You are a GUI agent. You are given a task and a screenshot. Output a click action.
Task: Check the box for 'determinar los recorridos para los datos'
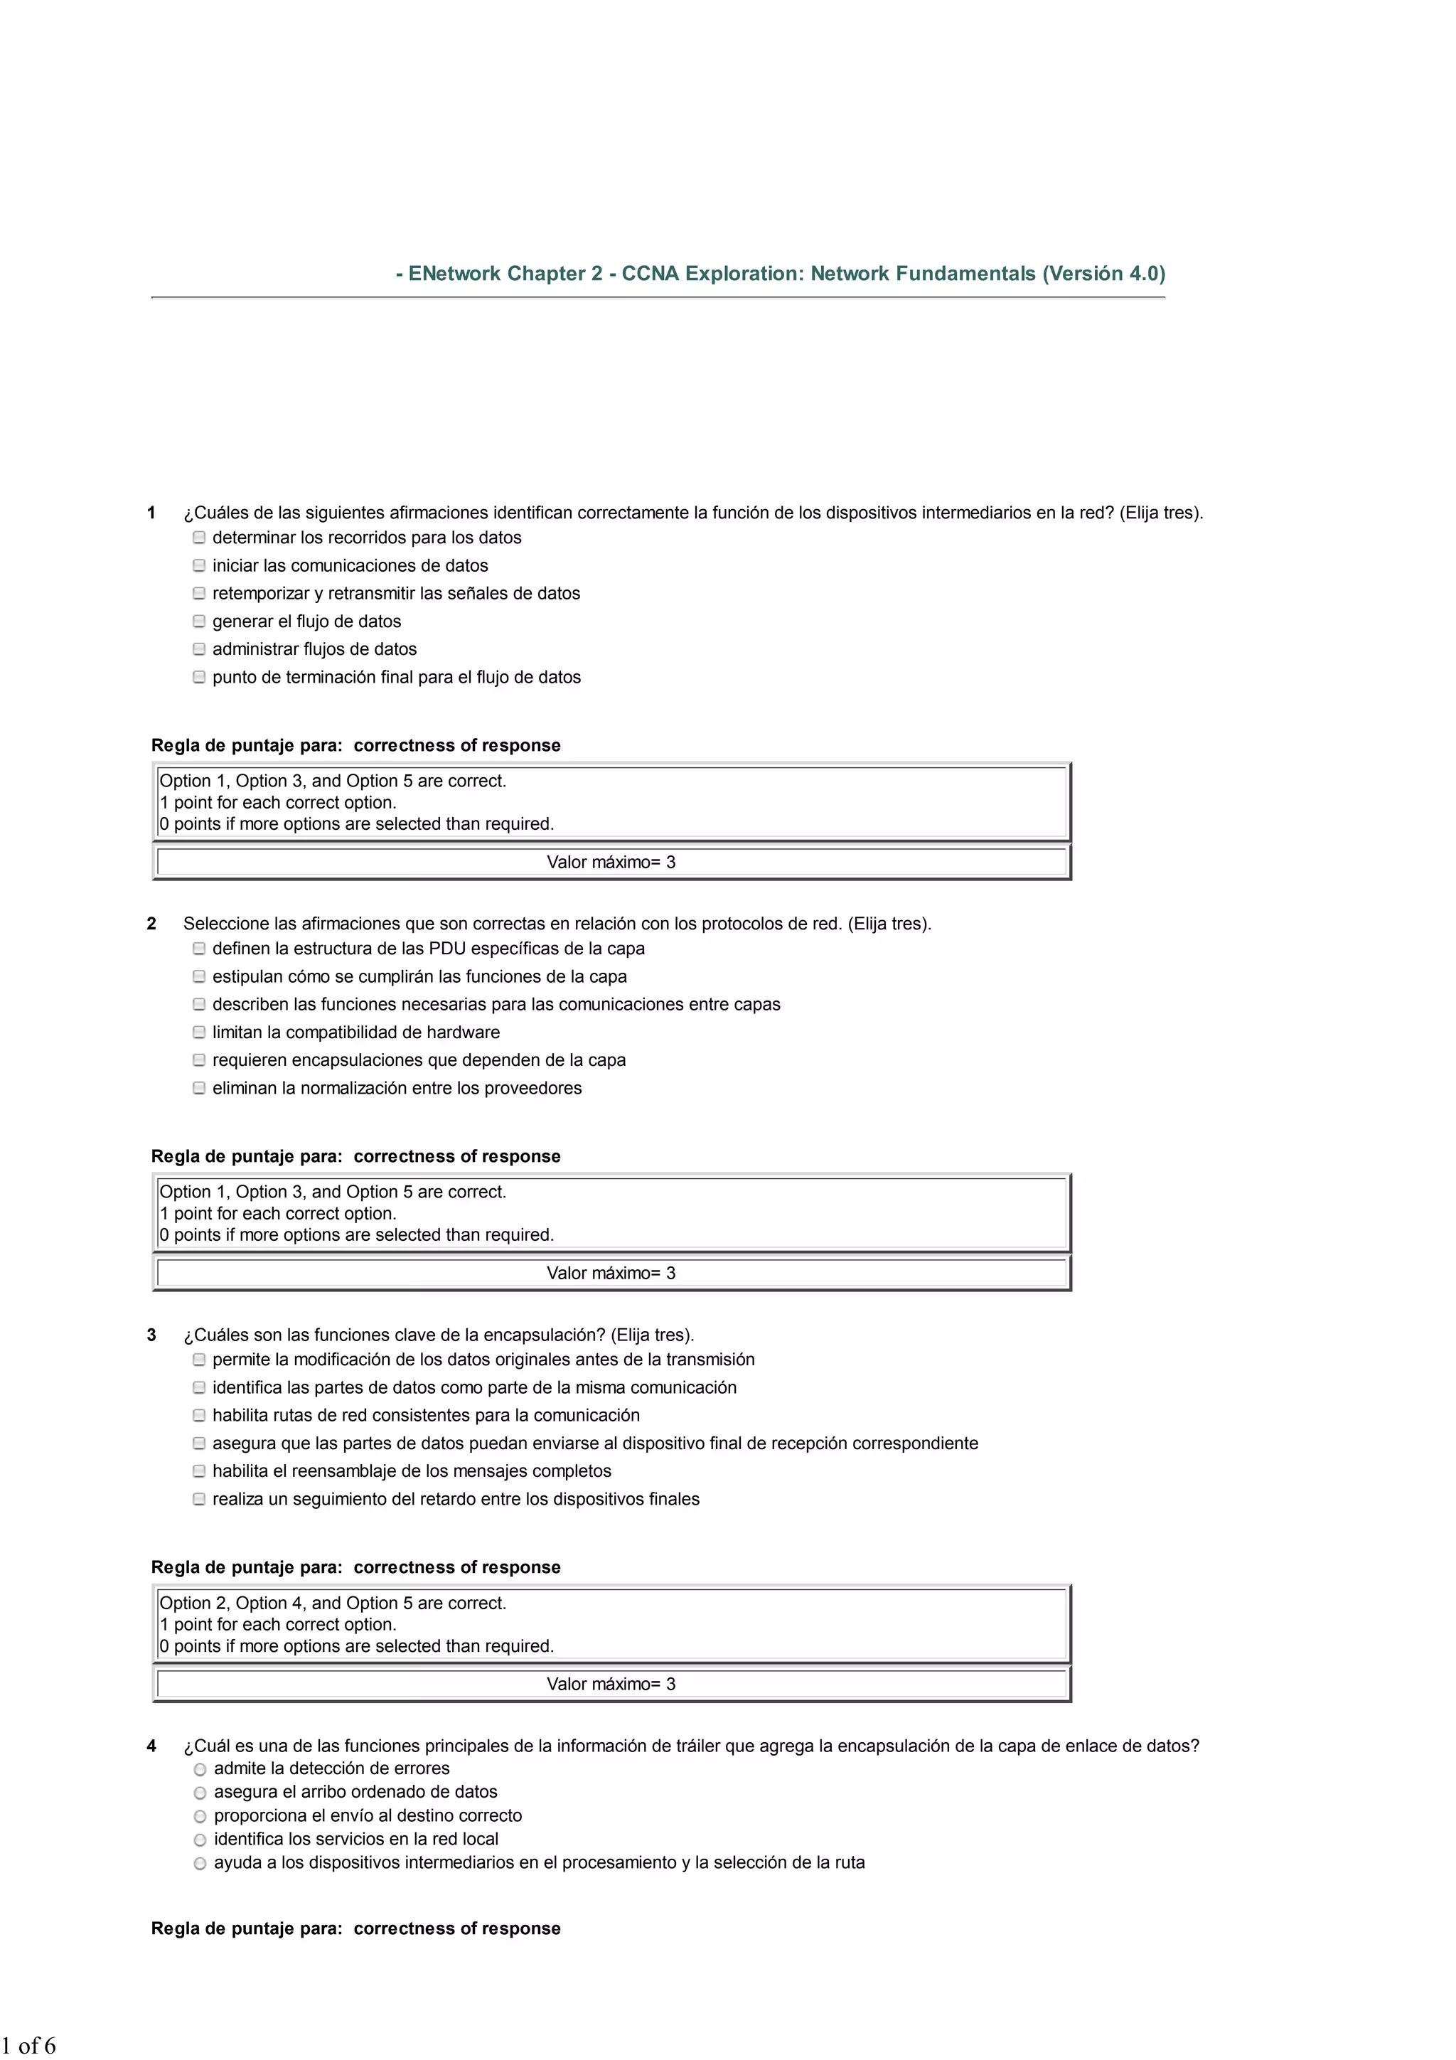[199, 538]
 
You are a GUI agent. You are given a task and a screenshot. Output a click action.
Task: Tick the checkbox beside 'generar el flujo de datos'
[199, 621]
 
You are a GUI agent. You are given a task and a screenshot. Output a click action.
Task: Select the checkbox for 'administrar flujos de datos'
[199, 649]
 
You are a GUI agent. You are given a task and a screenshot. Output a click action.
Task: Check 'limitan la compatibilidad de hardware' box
[199, 1032]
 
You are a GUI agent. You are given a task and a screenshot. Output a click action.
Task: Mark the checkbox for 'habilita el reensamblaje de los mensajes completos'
[199, 1471]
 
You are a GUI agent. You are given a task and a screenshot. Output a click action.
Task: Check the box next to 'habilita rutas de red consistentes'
[199, 1415]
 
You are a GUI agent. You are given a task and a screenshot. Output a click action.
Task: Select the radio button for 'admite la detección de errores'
[200, 1769]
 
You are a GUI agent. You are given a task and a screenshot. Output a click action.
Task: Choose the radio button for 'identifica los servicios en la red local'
[200, 1840]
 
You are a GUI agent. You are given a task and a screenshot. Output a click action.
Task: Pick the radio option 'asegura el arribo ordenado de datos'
[200, 1793]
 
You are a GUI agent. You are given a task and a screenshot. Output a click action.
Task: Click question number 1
[151, 513]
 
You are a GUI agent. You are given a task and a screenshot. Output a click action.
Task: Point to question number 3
[151, 1335]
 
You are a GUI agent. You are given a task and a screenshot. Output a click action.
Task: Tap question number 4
[151, 1746]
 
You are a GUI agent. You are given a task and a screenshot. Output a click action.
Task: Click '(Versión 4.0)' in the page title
[1103, 274]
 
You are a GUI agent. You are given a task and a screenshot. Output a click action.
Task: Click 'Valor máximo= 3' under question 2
[611, 1273]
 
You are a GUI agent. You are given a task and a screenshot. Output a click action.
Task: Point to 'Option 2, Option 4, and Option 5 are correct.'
[333, 1603]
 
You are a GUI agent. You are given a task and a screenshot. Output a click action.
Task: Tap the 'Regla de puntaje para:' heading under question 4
[247, 1928]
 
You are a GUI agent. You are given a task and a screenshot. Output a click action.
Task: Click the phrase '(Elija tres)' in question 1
[1161, 513]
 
